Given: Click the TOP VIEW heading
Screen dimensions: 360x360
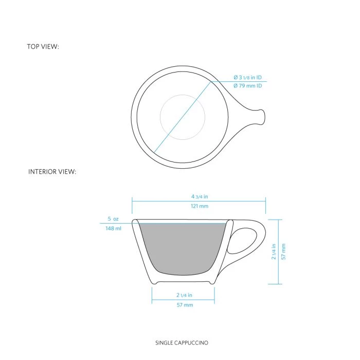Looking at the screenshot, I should [43, 47].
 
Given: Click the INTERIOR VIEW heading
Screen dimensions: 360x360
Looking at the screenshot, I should [52, 172].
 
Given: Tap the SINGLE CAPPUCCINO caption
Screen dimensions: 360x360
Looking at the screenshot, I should [182, 342].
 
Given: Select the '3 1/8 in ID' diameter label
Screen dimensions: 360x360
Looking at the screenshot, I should [247, 78].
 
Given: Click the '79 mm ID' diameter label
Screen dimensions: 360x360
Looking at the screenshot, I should [247, 86].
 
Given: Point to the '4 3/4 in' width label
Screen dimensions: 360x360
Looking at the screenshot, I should [199, 196].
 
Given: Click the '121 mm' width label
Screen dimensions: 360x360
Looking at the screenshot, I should [199, 206].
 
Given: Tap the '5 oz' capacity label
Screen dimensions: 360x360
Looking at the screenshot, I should [113, 219].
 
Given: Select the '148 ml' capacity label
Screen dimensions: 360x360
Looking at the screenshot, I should [113, 228].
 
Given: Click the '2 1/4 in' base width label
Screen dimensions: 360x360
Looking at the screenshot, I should [183, 295].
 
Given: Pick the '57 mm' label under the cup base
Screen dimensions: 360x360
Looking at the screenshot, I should [184, 305].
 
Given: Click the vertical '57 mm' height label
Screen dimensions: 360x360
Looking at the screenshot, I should [283, 251].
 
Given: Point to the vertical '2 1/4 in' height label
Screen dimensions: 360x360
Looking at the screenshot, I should [274, 251].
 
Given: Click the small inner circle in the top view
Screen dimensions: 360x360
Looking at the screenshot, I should [183, 117].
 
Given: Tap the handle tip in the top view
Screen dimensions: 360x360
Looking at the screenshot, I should [262, 117].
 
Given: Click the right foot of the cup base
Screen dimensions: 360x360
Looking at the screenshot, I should [211, 281].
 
